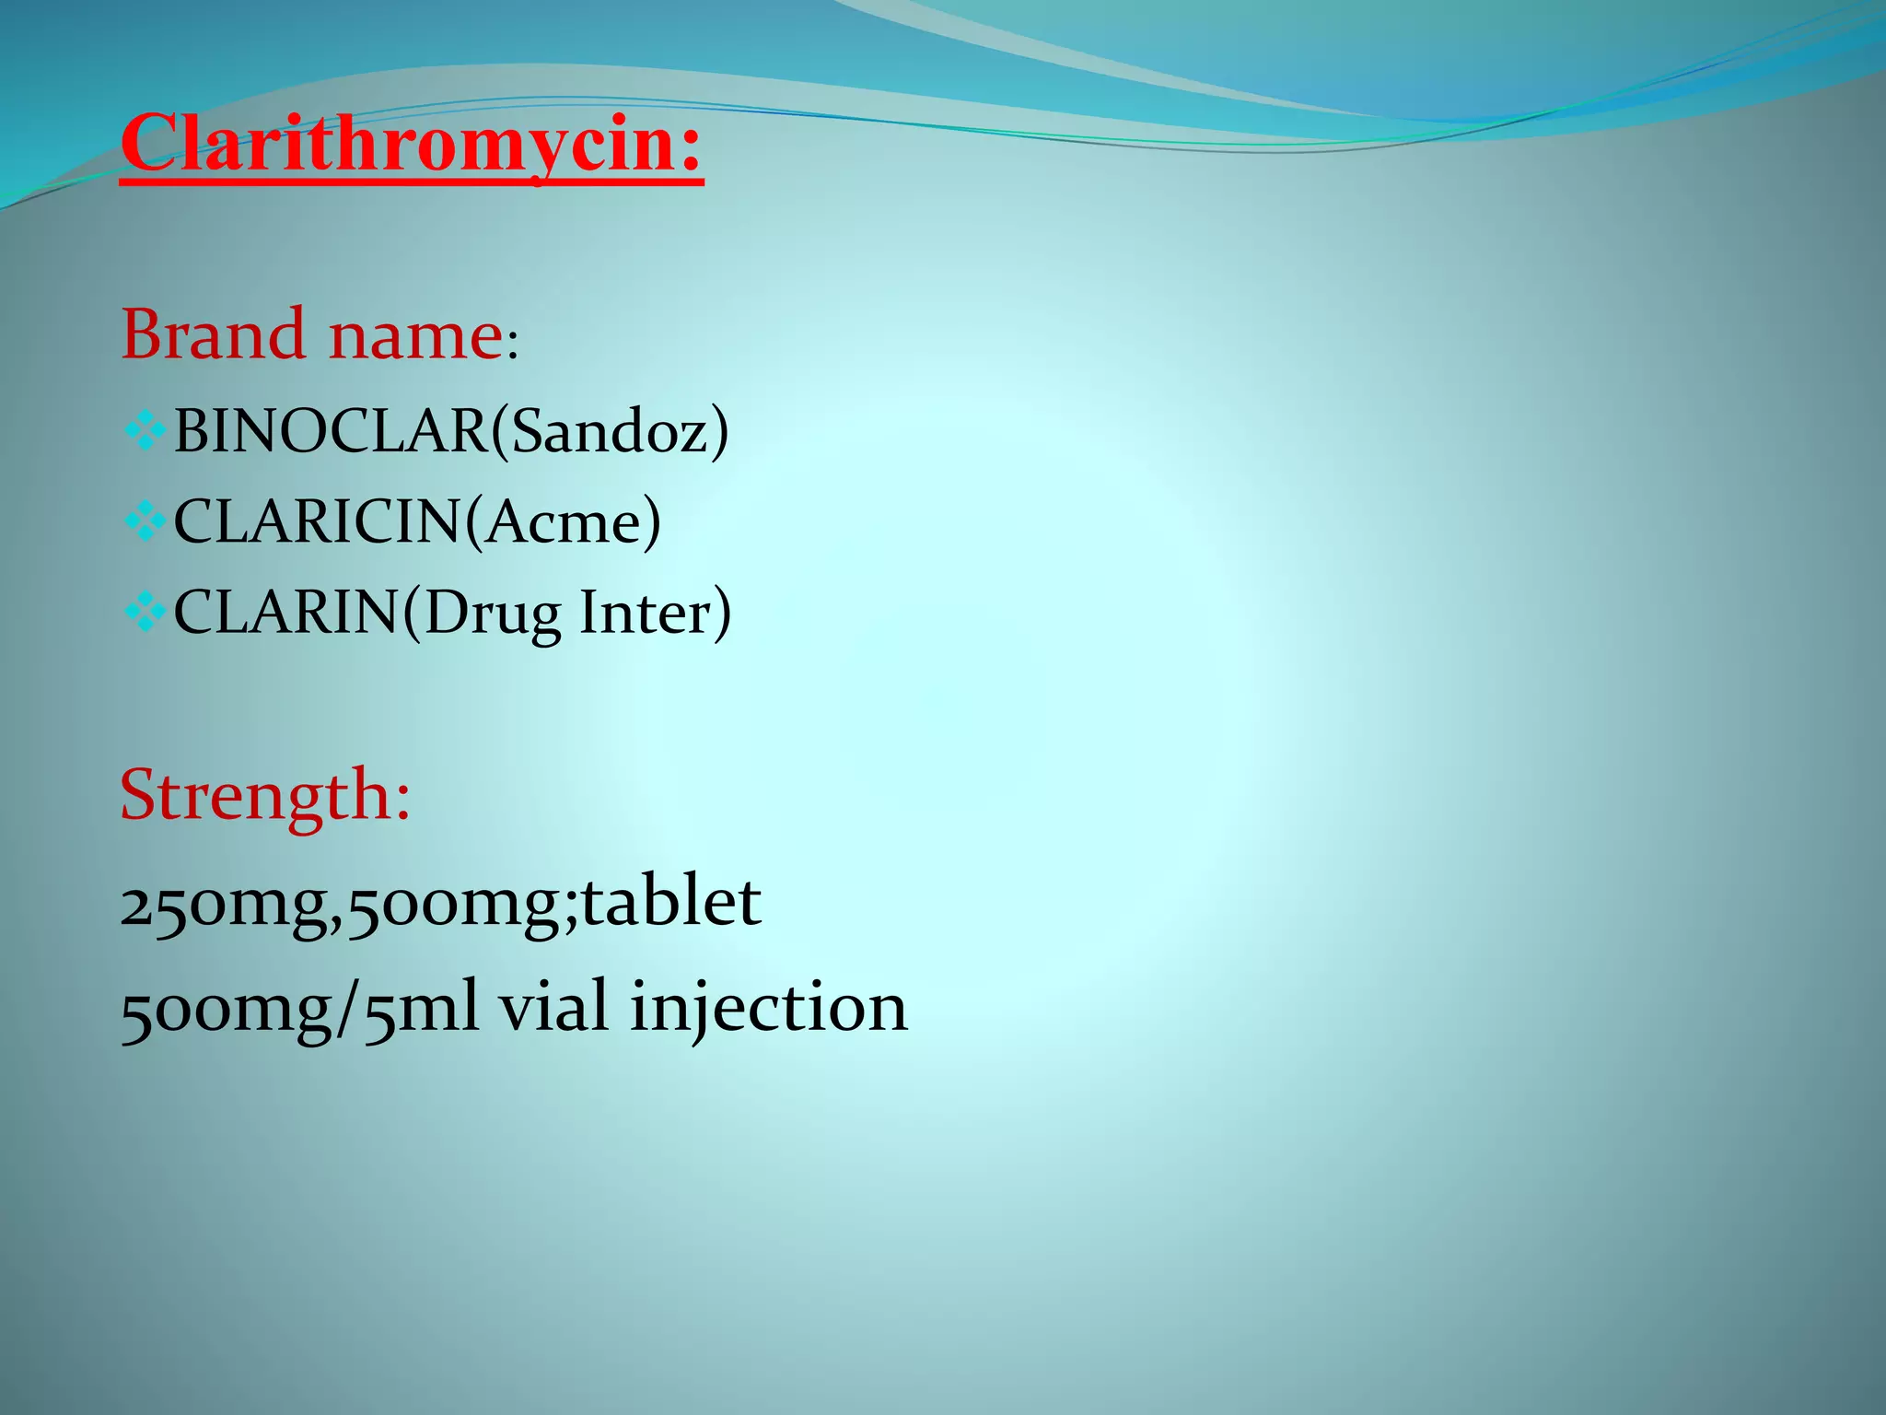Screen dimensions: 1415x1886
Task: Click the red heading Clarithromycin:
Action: tap(412, 145)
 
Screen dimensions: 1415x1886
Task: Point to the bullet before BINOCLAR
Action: tap(144, 430)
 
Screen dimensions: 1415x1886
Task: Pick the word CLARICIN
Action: tap(318, 521)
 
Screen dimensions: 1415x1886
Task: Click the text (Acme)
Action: tap(563, 521)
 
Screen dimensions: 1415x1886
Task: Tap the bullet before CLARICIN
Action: tap(144, 522)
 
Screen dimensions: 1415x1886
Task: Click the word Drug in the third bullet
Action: tap(492, 614)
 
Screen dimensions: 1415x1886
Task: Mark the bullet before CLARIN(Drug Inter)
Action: tap(144, 613)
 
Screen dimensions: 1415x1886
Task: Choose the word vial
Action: tap(553, 1006)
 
